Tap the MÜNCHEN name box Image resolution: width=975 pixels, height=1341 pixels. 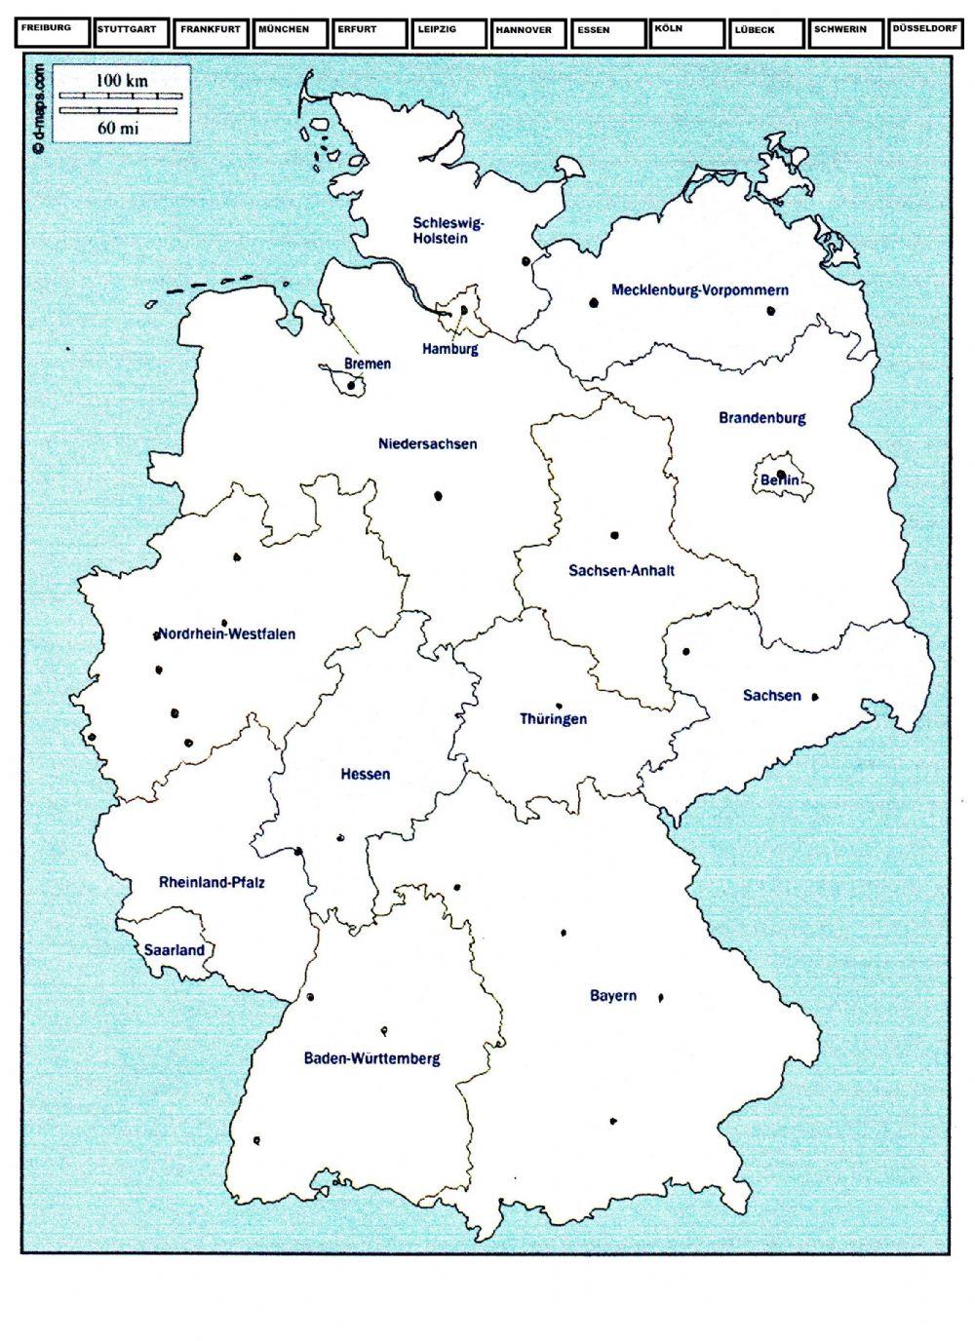290,33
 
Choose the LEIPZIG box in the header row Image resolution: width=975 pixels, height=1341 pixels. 448,33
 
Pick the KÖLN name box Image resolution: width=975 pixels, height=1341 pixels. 687,33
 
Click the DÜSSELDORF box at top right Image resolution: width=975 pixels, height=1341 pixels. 925,33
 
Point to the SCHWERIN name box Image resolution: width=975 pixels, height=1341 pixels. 845,33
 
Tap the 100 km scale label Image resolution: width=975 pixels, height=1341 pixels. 122,81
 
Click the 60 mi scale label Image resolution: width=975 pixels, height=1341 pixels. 122,127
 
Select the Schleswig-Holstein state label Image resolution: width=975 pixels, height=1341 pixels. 448,230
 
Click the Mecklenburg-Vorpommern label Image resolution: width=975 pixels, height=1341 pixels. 699,289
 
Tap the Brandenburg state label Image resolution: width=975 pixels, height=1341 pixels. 761,418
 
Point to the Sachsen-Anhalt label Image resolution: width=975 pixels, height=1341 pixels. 621,570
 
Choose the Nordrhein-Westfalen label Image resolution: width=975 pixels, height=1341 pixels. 226,633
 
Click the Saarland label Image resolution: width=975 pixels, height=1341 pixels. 174,949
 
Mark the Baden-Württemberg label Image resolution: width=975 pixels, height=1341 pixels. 371,1058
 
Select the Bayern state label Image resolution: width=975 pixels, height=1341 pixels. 612,995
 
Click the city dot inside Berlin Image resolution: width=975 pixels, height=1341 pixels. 781,475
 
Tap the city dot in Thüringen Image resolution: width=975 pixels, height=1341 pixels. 559,706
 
